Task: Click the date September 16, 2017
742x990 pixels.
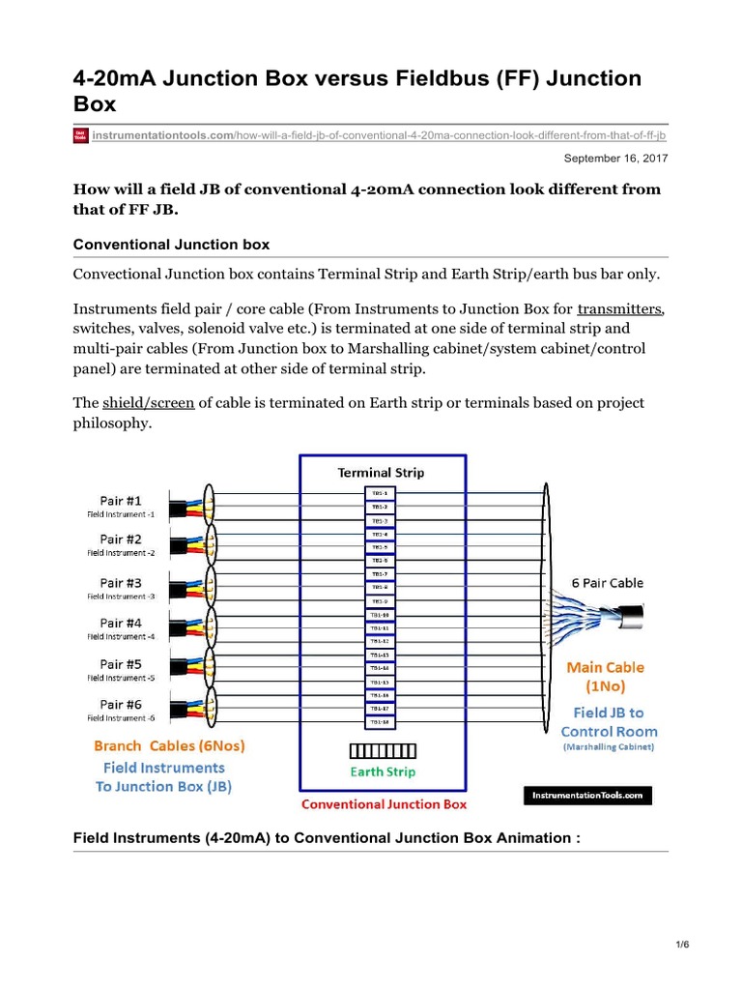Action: (615, 158)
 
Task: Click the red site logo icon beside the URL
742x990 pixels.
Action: (81, 135)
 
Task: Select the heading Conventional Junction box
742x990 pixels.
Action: (172, 245)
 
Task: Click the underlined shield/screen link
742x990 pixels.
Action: (146, 402)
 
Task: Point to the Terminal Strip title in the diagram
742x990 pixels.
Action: (380, 473)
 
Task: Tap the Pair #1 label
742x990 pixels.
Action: (121, 500)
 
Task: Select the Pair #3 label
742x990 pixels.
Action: (121, 583)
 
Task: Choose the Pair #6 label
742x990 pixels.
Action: (121, 705)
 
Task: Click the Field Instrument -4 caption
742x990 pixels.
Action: (121, 636)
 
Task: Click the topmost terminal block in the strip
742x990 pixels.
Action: (380, 493)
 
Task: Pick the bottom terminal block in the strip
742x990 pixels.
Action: (380, 722)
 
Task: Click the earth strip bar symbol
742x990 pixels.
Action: (383, 751)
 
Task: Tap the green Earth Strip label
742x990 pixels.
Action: (383, 772)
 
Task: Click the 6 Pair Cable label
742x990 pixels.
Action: (606, 584)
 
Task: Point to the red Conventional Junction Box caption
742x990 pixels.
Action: (384, 803)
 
